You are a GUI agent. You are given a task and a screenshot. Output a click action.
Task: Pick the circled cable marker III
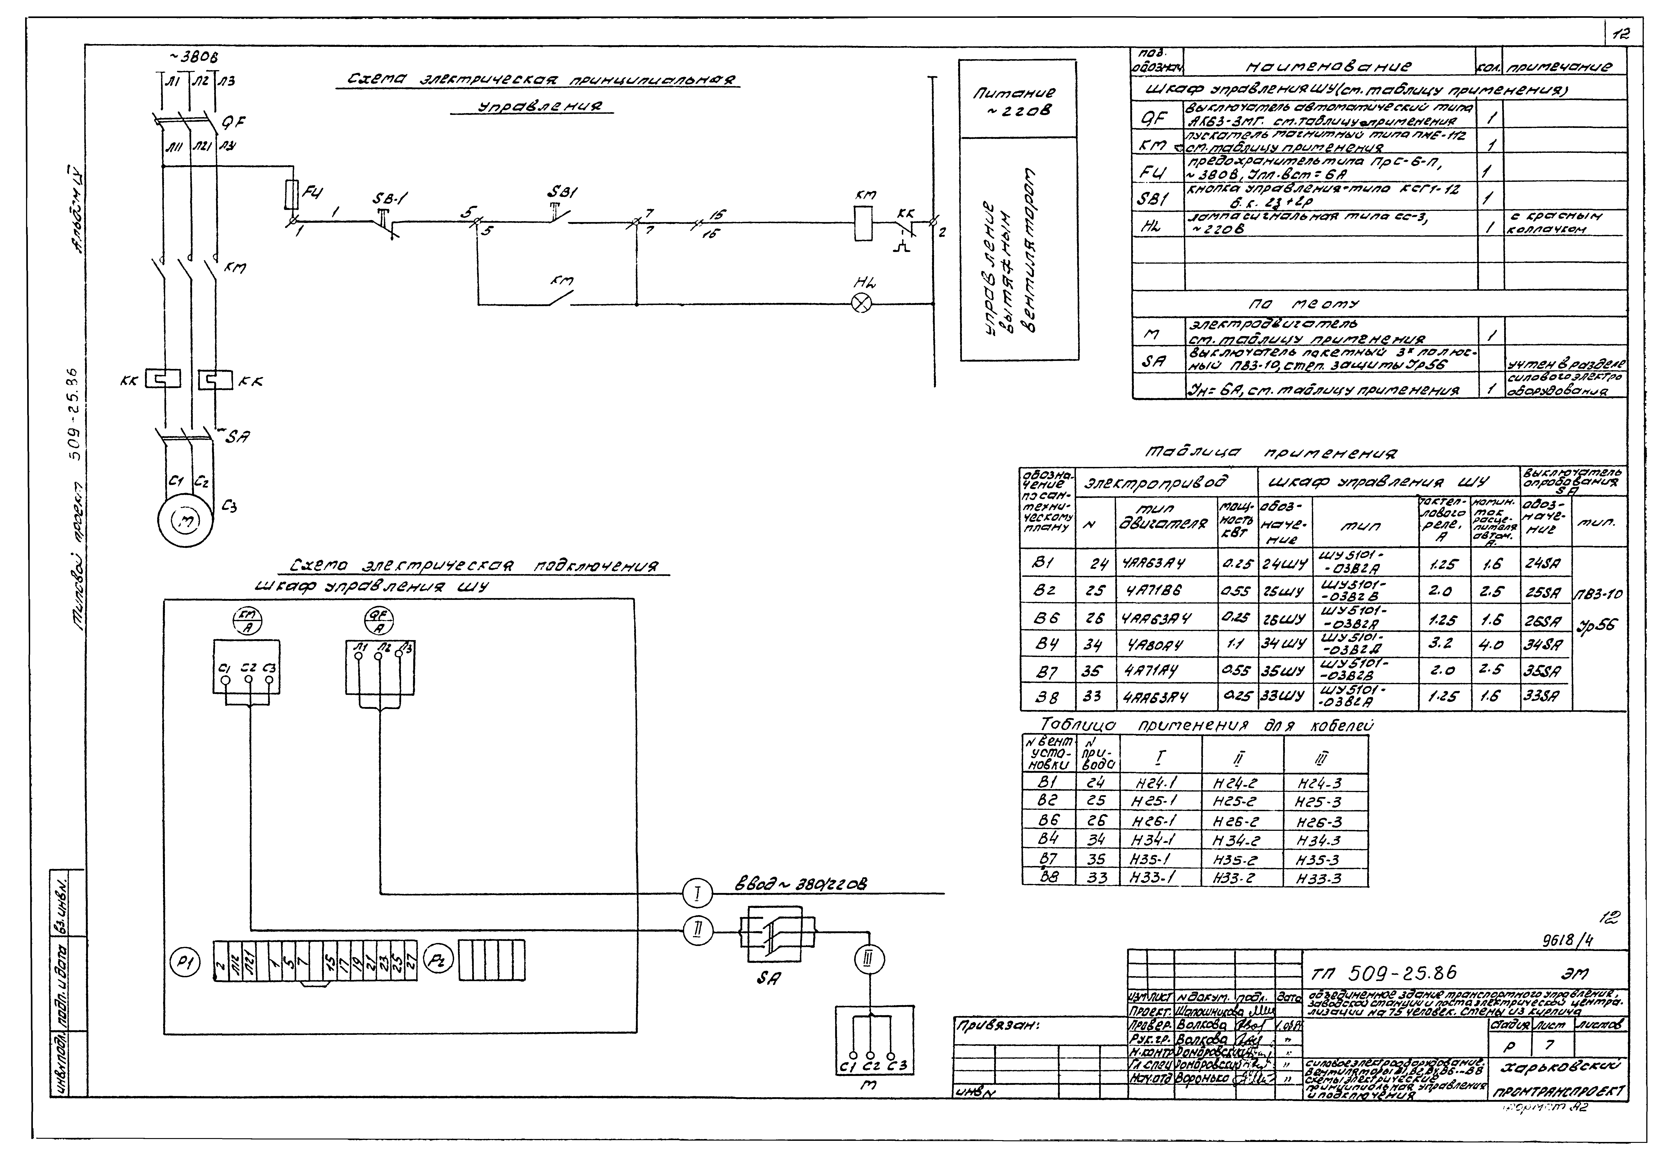click(869, 961)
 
